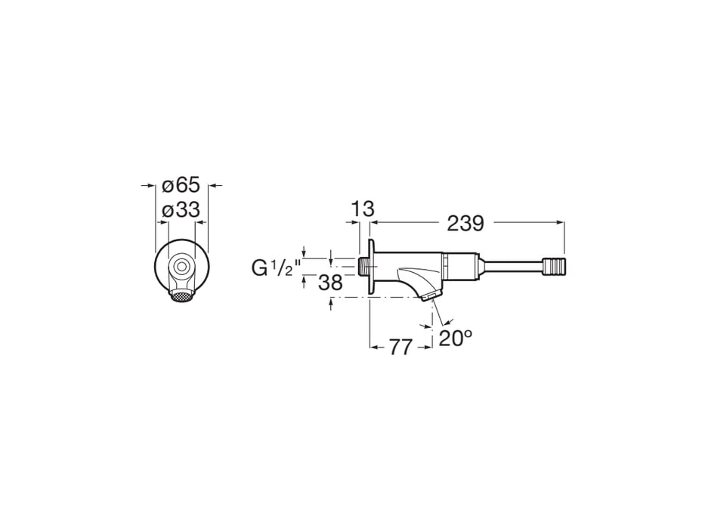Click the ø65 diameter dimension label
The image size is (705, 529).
tap(181, 184)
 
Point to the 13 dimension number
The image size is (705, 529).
tap(363, 209)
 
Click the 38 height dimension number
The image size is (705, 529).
tap(329, 283)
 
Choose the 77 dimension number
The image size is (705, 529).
tap(400, 347)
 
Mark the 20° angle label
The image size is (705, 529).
tap(456, 339)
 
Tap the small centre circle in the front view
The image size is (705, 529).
tap(181, 266)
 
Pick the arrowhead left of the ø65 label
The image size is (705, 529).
tap(150, 184)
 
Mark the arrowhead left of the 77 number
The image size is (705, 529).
tap(373, 347)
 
